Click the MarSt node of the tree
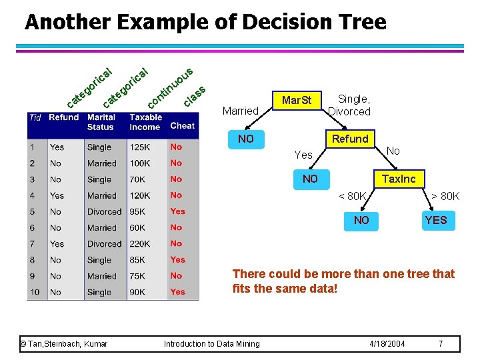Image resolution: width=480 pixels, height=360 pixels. tap(297, 101)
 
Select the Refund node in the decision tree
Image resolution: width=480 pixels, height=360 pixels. tap(350, 139)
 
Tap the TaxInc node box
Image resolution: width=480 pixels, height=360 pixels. tap(398, 179)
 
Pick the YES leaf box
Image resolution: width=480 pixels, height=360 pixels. tap(436, 220)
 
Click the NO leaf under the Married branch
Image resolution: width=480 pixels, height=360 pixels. tap(246, 139)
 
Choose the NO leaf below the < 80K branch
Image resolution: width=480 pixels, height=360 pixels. tap(361, 220)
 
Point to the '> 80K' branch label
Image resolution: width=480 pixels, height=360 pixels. tap(445, 196)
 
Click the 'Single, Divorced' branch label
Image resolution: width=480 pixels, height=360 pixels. tap(349, 105)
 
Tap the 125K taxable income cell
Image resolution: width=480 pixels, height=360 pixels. tap(139, 147)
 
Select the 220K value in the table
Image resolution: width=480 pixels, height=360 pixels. tap(140, 244)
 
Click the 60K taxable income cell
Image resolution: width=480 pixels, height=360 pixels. tap(137, 228)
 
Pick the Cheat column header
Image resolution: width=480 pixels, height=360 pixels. tap(182, 125)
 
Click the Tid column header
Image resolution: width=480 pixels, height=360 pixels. tap(35, 117)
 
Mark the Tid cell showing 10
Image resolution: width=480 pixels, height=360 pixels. tap(35, 292)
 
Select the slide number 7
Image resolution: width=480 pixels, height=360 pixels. tap(441, 343)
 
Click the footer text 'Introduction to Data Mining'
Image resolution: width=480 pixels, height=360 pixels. tap(212, 343)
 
